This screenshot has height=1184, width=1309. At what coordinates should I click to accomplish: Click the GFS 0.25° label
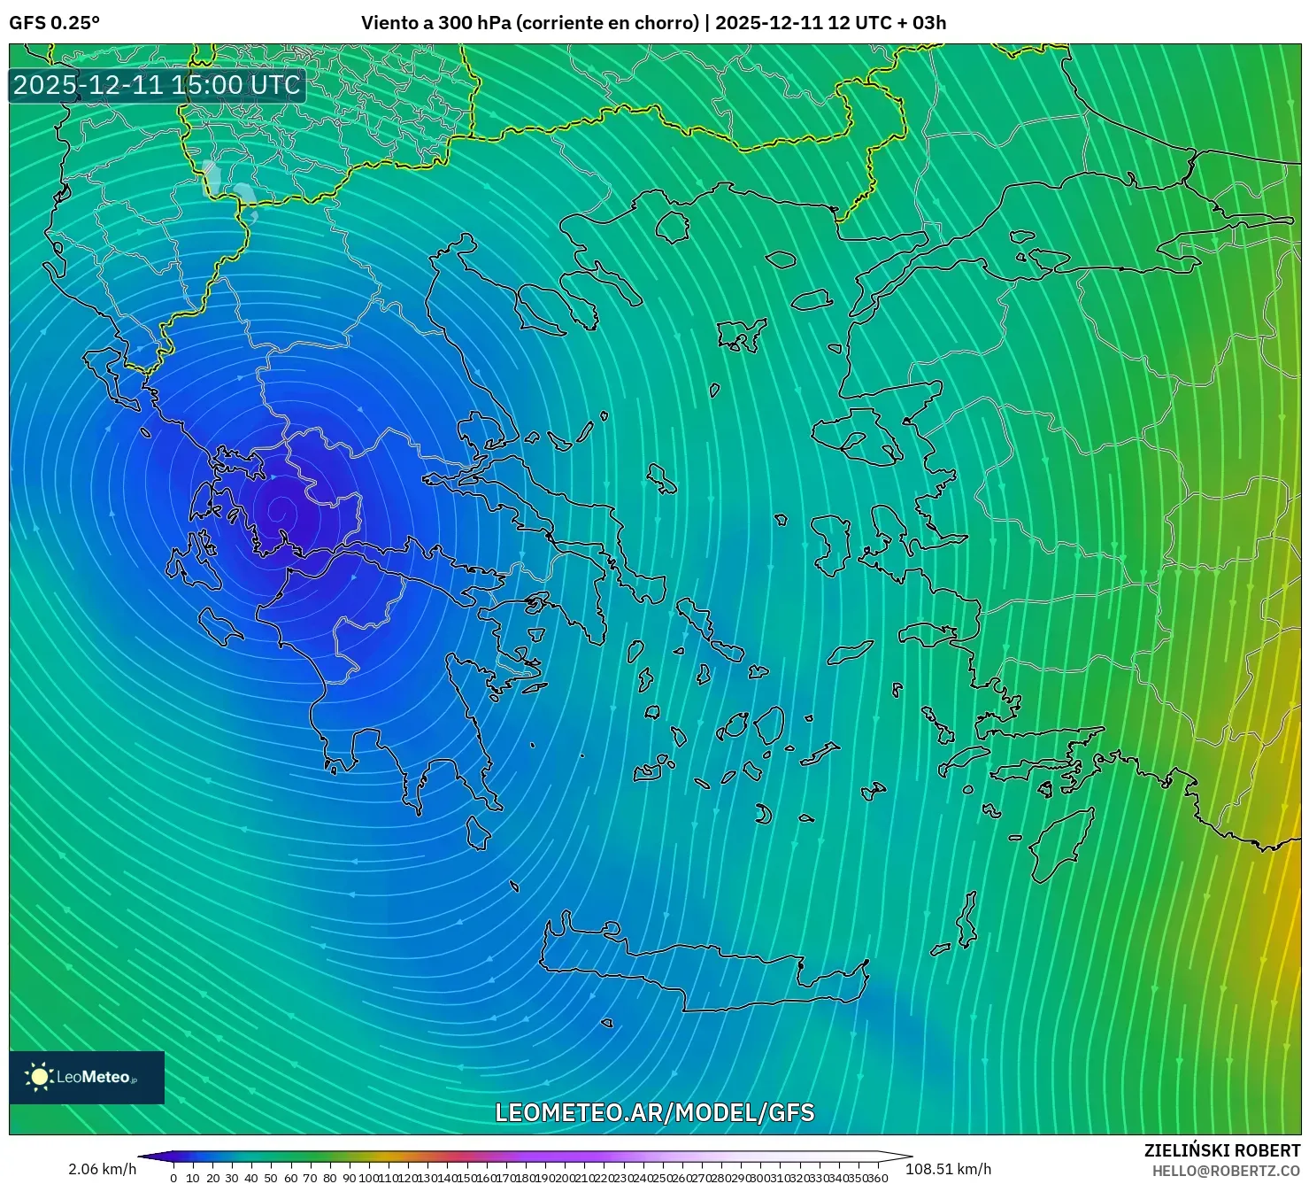[x=54, y=22]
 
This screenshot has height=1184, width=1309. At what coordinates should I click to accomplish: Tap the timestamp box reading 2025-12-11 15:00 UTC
[x=158, y=85]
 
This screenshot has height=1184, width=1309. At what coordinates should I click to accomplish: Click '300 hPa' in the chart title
[x=474, y=22]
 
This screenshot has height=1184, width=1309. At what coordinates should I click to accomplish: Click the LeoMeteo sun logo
[x=39, y=1077]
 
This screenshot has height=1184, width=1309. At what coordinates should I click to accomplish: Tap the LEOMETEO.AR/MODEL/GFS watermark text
[x=654, y=1112]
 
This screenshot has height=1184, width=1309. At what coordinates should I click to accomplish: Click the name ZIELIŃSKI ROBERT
[x=1222, y=1150]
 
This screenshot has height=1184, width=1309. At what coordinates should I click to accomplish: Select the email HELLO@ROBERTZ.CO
[x=1226, y=1171]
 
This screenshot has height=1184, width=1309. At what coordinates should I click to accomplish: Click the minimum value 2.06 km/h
[x=102, y=1169]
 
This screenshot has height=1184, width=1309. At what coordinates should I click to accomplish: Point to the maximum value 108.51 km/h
[x=948, y=1169]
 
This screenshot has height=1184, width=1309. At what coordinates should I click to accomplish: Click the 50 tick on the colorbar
[x=271, y=1178]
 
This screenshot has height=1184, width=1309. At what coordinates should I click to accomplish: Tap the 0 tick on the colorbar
[x=173, y=1178]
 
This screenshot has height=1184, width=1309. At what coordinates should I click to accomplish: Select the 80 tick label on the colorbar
[x=329, y=1178]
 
